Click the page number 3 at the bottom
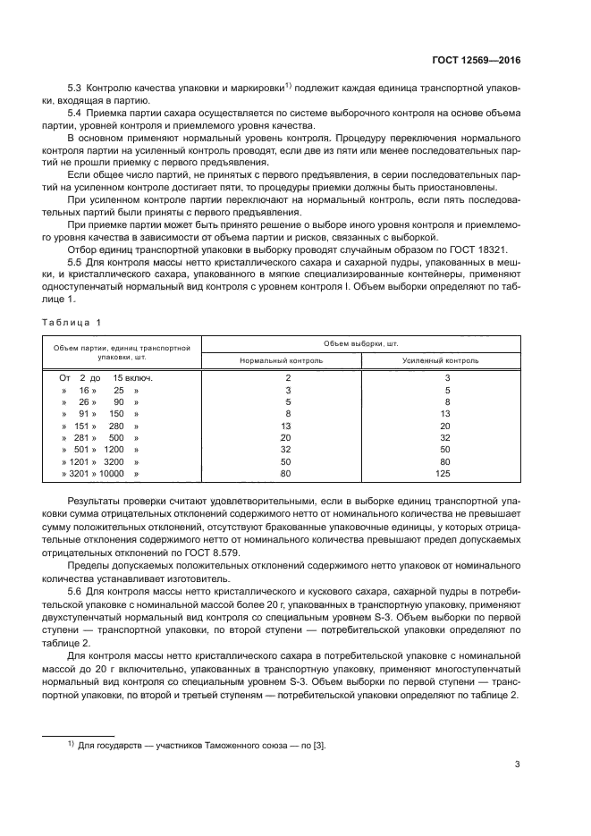click(x=518, y=764)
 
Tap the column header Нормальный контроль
click(x=281, y=360)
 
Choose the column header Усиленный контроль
click(x=441, y=360)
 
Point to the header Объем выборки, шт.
click(x=360, y=344)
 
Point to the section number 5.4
click(x=75, y=114)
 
